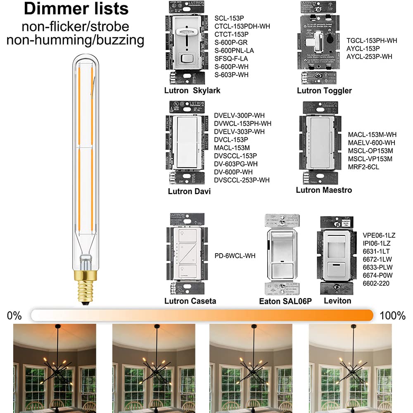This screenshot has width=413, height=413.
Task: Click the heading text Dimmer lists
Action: click(x=76, y=9)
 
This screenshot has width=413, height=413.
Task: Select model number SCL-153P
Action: click(x=228, y=18)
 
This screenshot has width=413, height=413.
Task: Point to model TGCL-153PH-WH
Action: click(x=372, y=40)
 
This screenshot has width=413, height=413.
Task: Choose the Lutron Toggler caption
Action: click(x=324, y=90)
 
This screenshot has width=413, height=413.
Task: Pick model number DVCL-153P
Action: click(x=231, y=140)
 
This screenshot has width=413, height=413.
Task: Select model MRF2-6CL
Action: click(x=363, y=167)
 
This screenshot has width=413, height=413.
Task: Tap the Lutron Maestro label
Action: click(x=324, y=190)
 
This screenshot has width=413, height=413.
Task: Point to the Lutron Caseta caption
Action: click(x=190, y=301)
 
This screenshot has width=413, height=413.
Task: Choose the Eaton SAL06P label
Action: click(x=285, y=301)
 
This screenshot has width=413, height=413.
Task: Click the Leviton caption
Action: click(x=337, y=301)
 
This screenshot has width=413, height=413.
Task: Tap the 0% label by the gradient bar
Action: click(x=14, y=316)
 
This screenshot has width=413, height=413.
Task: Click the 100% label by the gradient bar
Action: click(x=392, y=316)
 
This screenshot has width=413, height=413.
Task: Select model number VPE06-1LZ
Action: click(x=379, y=235)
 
